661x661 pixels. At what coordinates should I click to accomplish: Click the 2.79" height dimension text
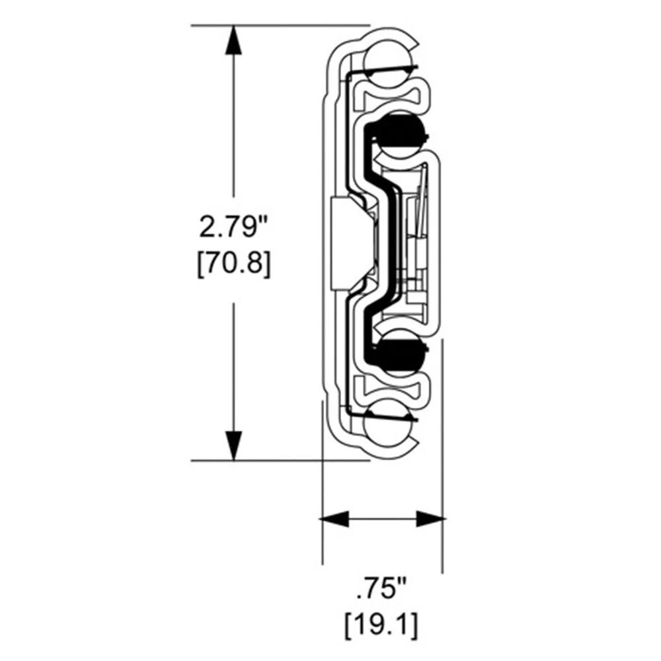(x=233, y=227)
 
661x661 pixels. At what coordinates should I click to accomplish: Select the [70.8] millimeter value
(x=233, y=264)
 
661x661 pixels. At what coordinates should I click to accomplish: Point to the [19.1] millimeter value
(x=381, y=625)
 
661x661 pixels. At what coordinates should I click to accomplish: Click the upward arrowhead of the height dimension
(x=233, y=40)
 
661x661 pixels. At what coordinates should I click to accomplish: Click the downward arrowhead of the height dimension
(x=233, y=446)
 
